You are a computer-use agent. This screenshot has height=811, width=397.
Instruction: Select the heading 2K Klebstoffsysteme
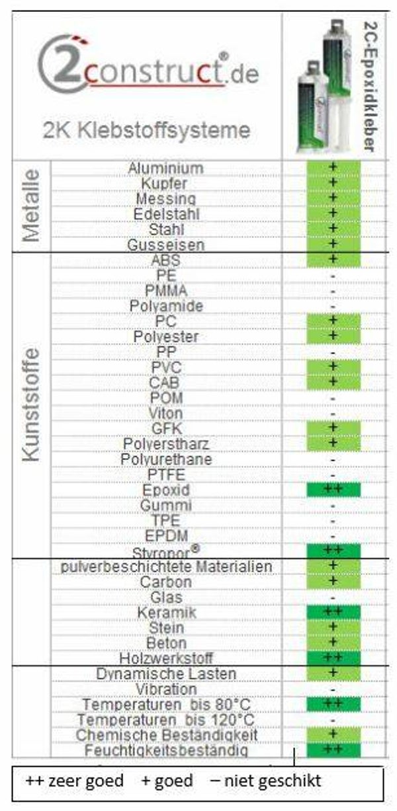[147, 130]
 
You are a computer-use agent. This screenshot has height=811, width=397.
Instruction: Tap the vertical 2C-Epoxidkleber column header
[369, 86]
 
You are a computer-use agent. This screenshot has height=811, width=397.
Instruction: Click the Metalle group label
[30, 206]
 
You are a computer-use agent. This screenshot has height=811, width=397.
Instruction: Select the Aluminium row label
[165, 169]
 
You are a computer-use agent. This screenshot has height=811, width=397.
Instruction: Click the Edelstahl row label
[166, 214]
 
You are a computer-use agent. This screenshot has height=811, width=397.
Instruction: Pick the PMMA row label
[166, 291]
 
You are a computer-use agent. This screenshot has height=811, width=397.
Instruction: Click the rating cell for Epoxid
[333, 490]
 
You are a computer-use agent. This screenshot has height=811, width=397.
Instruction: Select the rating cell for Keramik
[333, 613]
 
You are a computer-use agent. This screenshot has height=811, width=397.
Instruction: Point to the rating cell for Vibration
[333, 689]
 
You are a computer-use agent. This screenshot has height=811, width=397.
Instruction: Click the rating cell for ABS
[333, 260]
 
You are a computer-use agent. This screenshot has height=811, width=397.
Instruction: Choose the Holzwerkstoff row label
[166, 658]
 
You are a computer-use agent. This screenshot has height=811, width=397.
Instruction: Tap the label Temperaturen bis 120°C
[166, 719]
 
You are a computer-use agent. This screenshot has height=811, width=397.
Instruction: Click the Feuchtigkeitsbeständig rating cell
[333, 750]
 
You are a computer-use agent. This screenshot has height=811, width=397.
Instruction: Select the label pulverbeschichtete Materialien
[166, 567]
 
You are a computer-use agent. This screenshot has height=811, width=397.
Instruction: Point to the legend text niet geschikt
[265, 781]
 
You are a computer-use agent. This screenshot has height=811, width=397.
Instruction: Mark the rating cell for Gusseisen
[333, 245]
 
